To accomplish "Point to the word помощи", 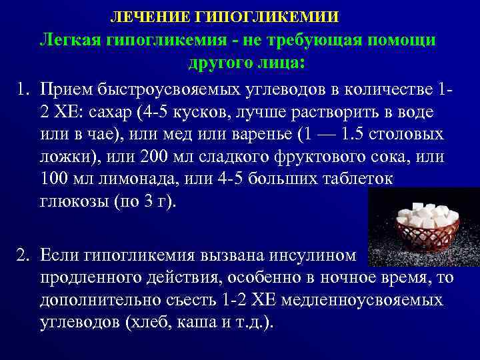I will coord(401,40).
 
